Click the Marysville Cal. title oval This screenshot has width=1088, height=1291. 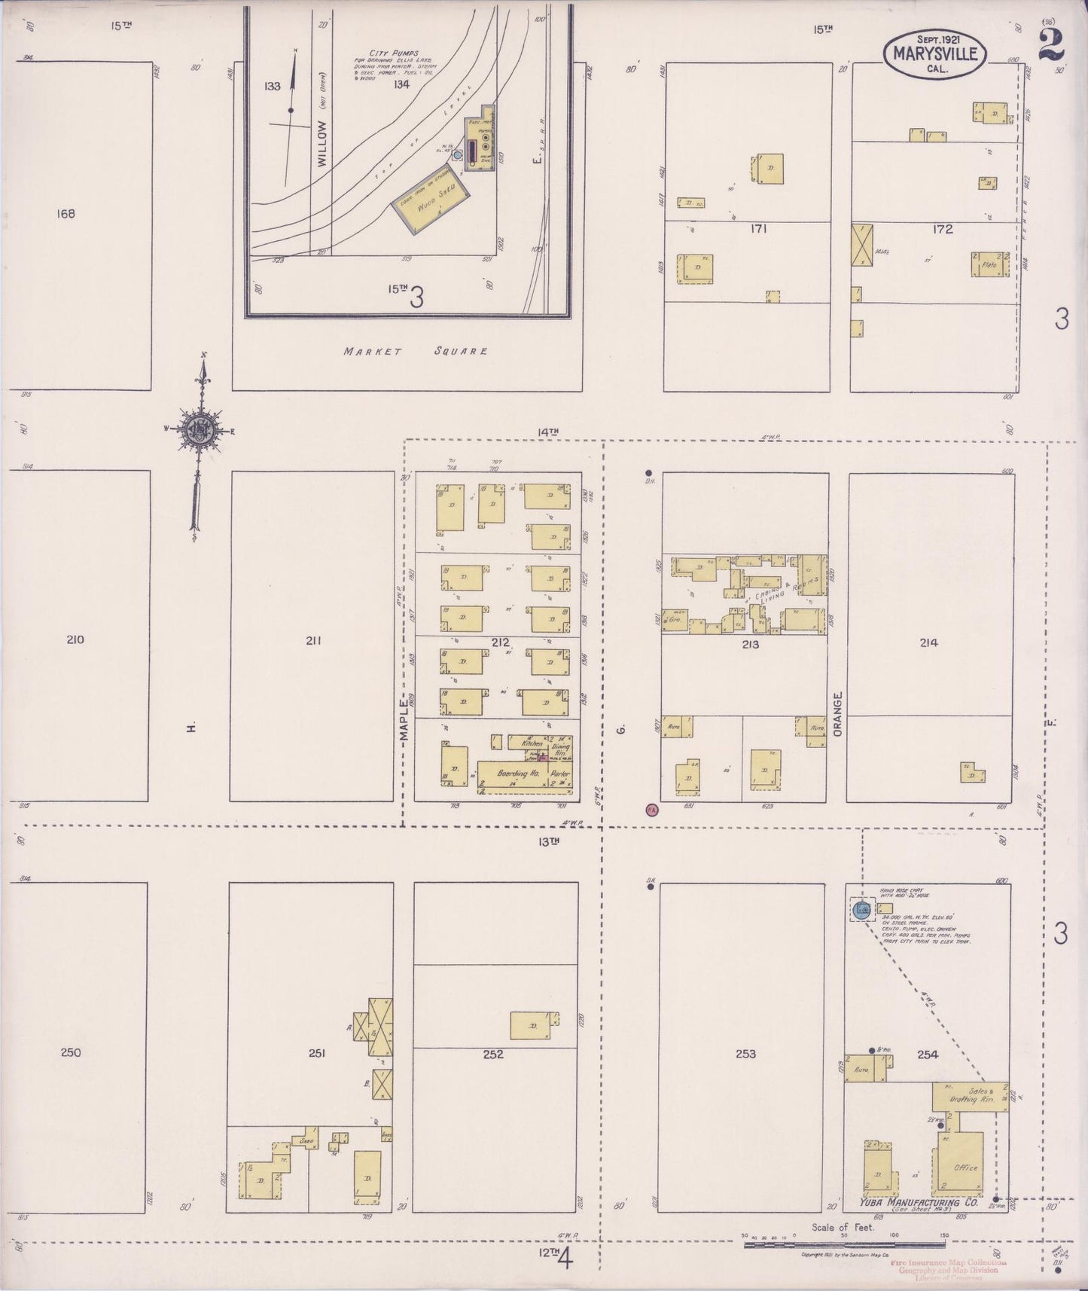(x=935, y=53)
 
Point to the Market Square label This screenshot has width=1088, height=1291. (x=416, y=351)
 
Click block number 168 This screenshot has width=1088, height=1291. (x=66, y=214)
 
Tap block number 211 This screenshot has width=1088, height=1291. (x=313, y=641)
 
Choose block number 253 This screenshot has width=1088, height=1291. (x=745, y=1054)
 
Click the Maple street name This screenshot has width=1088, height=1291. (x=404, y=720)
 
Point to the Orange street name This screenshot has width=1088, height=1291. (x=837, y=714)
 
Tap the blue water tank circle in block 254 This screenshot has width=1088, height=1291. (x=862, y=910)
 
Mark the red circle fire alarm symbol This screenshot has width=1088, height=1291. (x=652, y=810)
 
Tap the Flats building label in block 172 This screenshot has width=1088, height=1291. (x=989, y=264)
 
